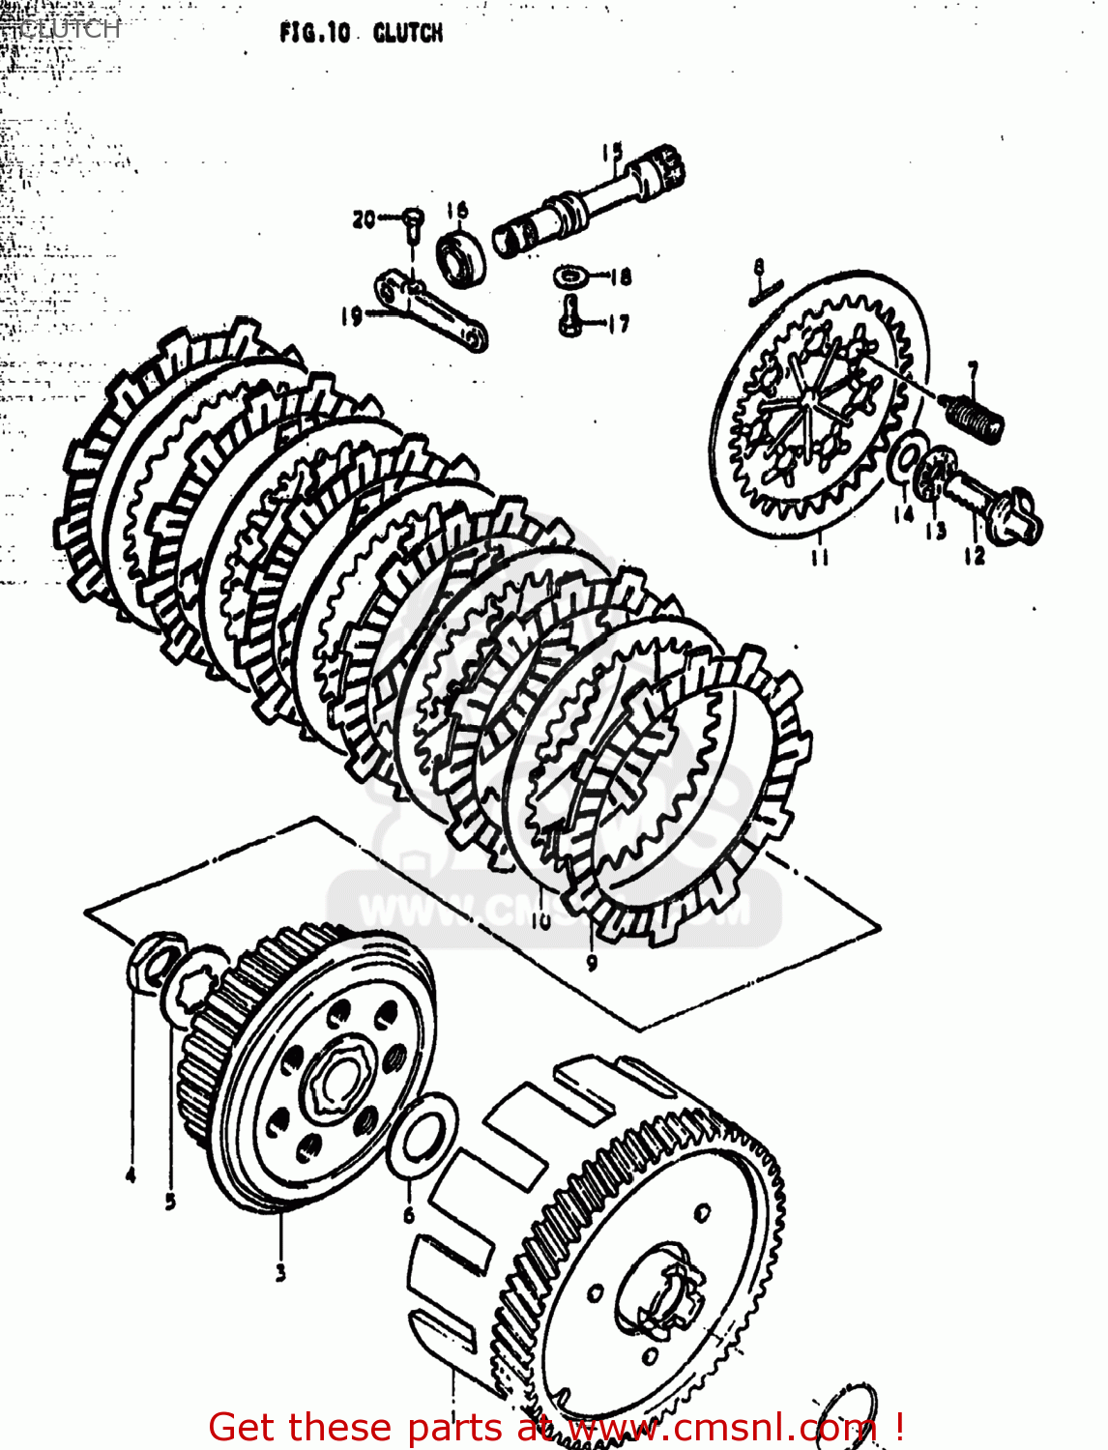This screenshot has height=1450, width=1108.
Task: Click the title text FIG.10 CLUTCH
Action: pos(361,33)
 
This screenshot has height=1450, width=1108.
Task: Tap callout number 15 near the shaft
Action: pos(611,153)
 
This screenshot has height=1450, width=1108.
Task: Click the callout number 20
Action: pos(364,219)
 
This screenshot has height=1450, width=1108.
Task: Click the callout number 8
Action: pos(759,267)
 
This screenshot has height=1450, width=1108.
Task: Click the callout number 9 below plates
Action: pos(592,961)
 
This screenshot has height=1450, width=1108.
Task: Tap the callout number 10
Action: pos(539,920)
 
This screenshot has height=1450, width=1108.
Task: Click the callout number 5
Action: pos(170,1203)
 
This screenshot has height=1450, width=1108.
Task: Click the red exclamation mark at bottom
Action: pos(899,1427)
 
